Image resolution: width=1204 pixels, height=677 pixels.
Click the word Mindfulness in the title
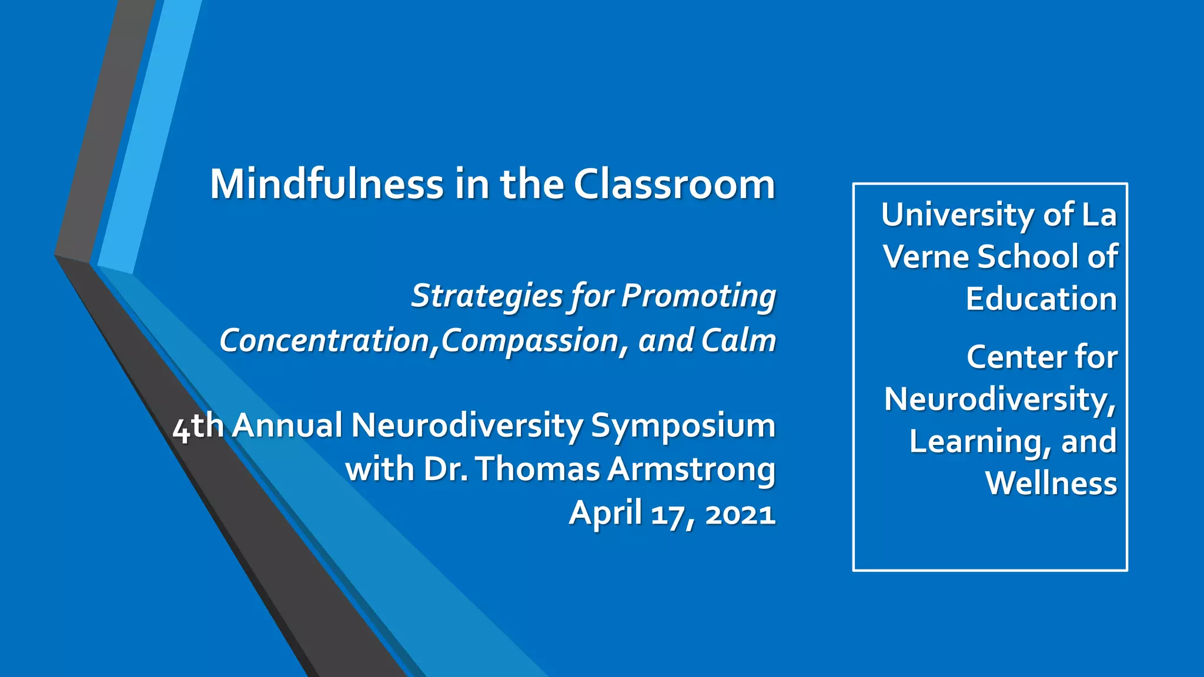[x=326, y=185]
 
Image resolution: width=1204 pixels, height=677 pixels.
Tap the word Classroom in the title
[x=674, y=185]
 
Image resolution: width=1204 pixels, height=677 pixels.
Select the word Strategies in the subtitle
[x=487, y=296]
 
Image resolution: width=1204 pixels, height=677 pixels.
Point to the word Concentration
[x=325, y=341]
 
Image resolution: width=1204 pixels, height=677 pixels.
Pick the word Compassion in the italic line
[x=530, y=341]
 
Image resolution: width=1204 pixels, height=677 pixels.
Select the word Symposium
[x=683, y=426]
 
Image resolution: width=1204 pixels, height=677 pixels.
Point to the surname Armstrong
[x=691, y=470]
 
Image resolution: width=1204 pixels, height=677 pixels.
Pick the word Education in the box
[x=1041, y=299]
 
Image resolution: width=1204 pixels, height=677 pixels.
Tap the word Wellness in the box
[x=1051, y=484]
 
